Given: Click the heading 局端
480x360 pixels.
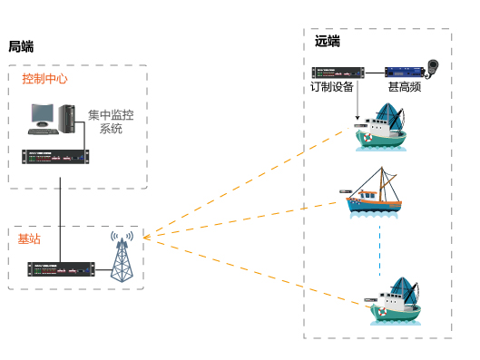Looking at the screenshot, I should [x=22, y=46].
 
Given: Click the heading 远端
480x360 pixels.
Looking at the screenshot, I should [x=328, y=41].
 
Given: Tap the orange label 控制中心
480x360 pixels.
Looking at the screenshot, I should [x=44, y=79].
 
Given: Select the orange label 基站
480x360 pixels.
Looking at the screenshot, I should [x=28, y=238].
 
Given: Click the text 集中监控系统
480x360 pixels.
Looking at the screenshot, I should [x=110, y=122].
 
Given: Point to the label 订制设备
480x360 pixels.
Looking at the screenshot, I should [x=332, y=87].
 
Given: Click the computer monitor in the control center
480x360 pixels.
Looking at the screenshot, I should [x=43, y=115].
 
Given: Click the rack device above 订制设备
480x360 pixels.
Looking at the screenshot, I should [x=338, y=72].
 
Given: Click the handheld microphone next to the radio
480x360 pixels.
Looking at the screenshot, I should [x=435, y=68].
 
